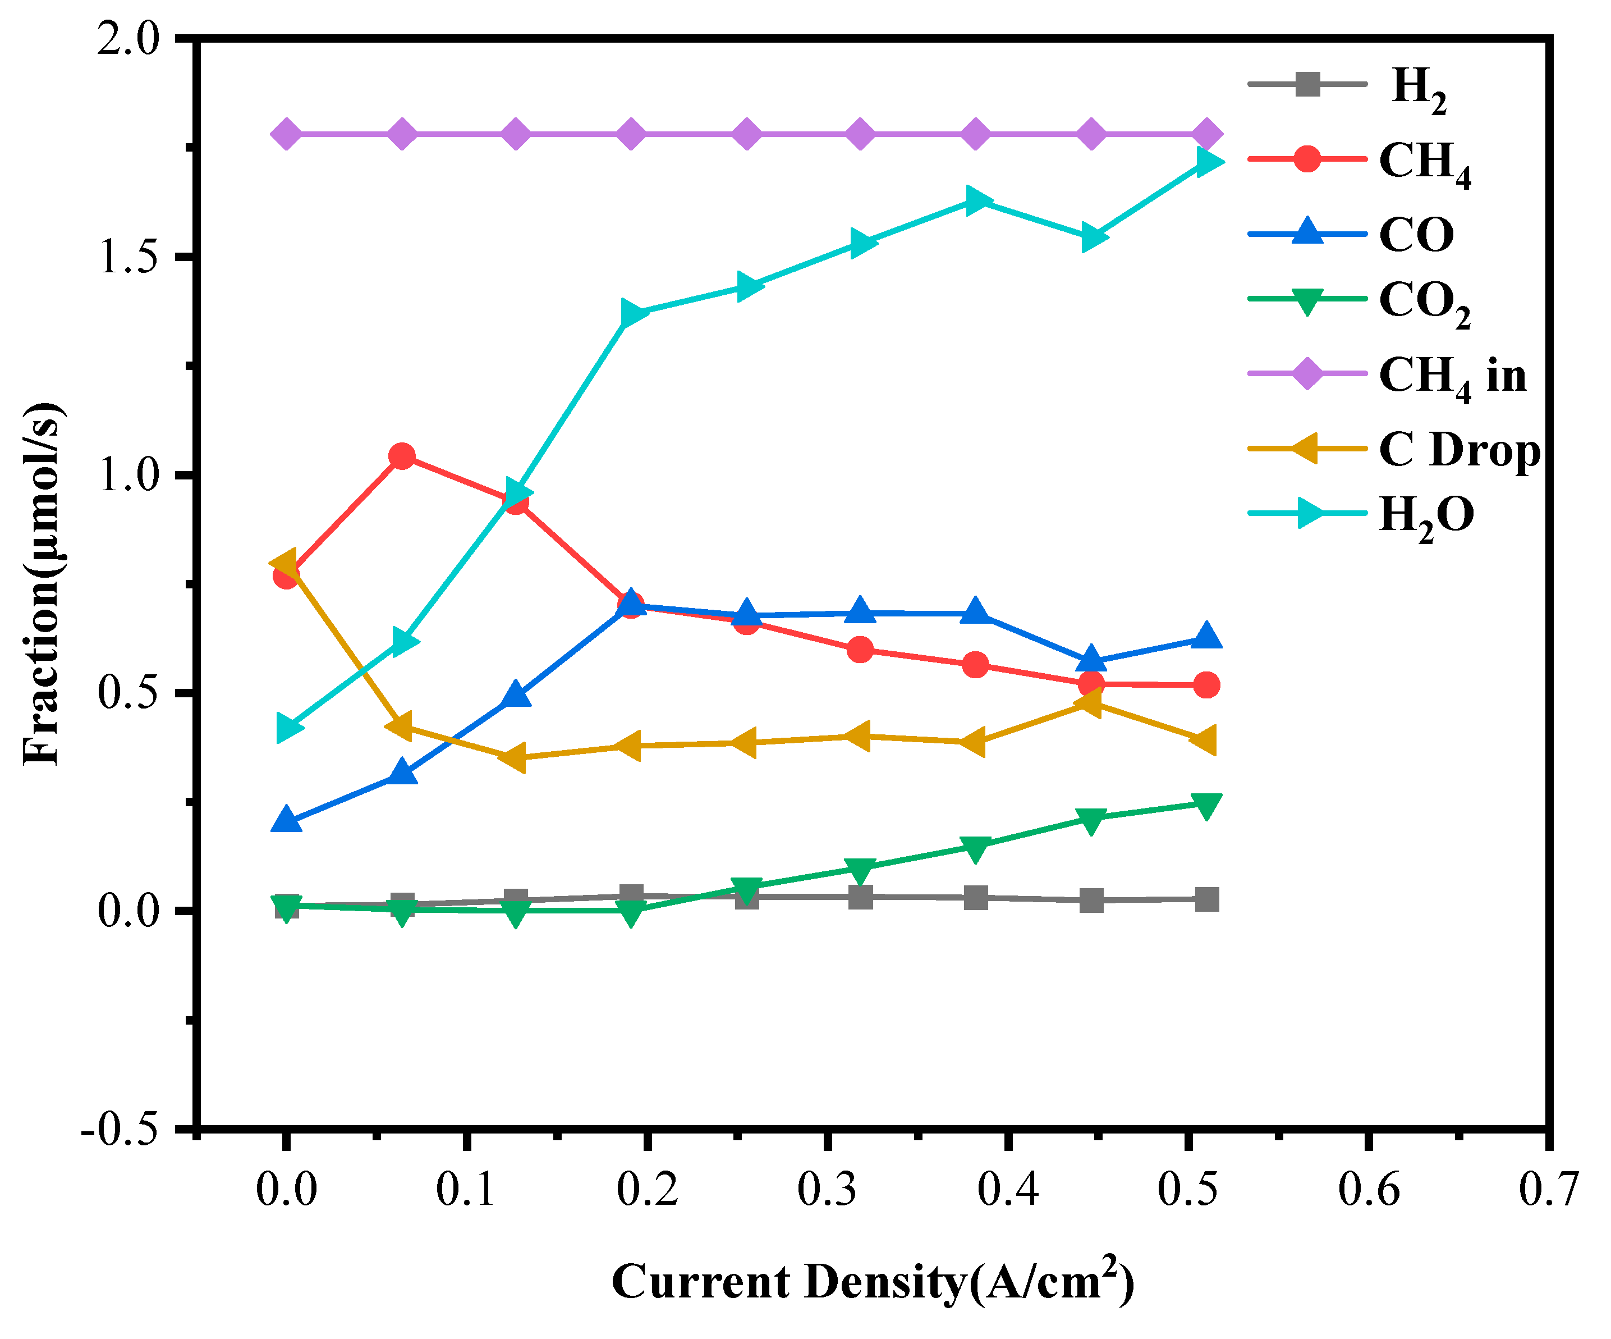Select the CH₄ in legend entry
coord(1452,376)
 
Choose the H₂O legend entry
coord(1425,515)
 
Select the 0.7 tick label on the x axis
coord(1548,1191)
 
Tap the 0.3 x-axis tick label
coord(827,1191)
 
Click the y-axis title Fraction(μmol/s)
coord(42,583)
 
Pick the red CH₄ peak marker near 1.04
coord(401,456)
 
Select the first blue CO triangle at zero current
coord(286,820)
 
